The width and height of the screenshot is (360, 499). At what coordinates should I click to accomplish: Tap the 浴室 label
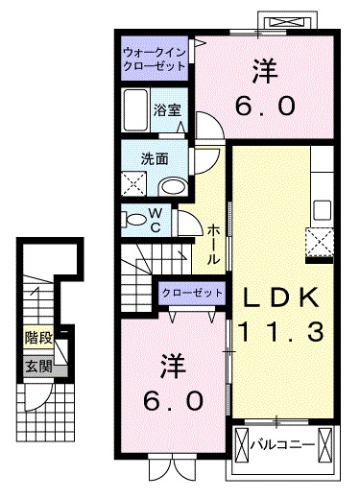(x=168, y=109)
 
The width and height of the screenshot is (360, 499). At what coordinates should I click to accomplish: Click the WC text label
(x=156, y=220)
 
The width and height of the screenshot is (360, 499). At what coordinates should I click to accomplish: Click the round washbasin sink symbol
(x=172, y=186)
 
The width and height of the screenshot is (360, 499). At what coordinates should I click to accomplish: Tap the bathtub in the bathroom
(x=136, y=106)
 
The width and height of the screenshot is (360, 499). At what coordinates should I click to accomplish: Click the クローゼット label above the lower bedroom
(x=190, y=292)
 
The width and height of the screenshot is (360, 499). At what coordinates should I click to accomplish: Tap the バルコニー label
(x=284, y=444)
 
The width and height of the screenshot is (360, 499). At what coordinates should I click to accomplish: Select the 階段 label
(x=39, y=339)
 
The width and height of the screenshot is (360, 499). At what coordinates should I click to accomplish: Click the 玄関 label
(x=38, y=366)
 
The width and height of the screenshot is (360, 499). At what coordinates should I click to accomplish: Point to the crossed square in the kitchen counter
(x=319, y=240)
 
